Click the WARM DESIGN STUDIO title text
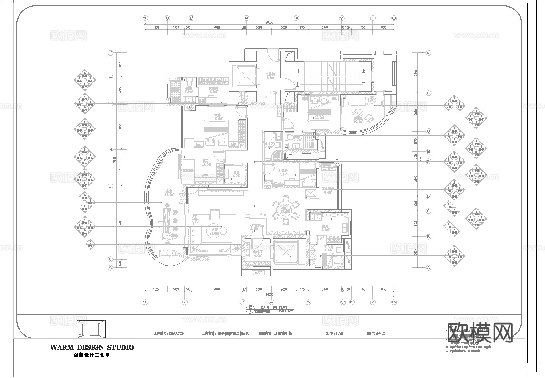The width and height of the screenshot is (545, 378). point(92,347)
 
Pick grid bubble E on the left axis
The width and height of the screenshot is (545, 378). point(110,186)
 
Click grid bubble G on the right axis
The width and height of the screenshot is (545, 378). point(428,131)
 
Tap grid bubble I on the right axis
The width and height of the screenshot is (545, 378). point(428,93)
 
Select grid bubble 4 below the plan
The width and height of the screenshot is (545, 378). point(271,301)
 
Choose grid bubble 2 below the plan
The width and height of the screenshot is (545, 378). point(185,301)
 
